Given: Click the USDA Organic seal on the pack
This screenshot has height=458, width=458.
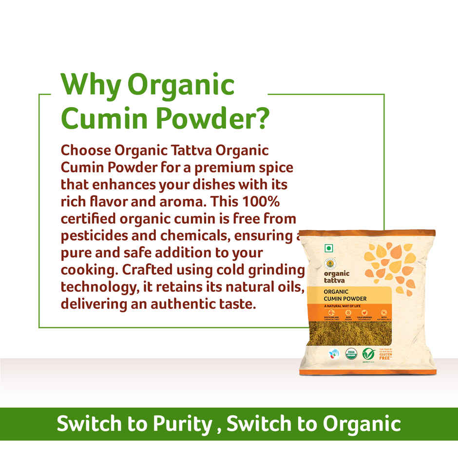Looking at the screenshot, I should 351,353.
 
